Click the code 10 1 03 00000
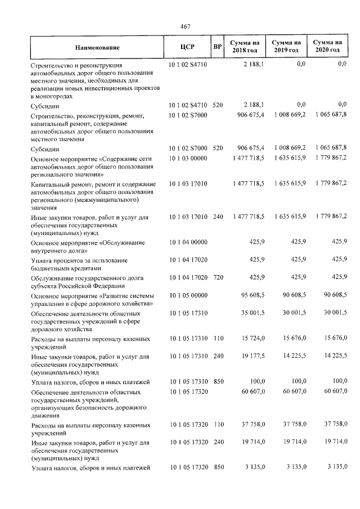188,159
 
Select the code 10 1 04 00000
188,242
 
